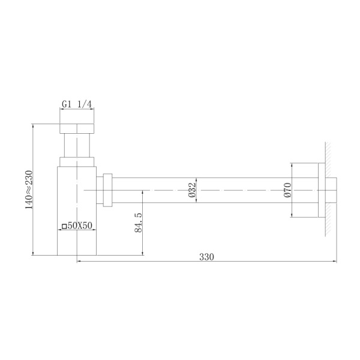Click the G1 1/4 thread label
[77, 104]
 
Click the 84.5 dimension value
[138, 223]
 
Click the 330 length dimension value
[206, 257]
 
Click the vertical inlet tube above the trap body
[77, 145]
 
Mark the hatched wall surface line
[328, 190]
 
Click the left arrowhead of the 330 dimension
[79, 262]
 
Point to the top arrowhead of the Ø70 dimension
[292, 164]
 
